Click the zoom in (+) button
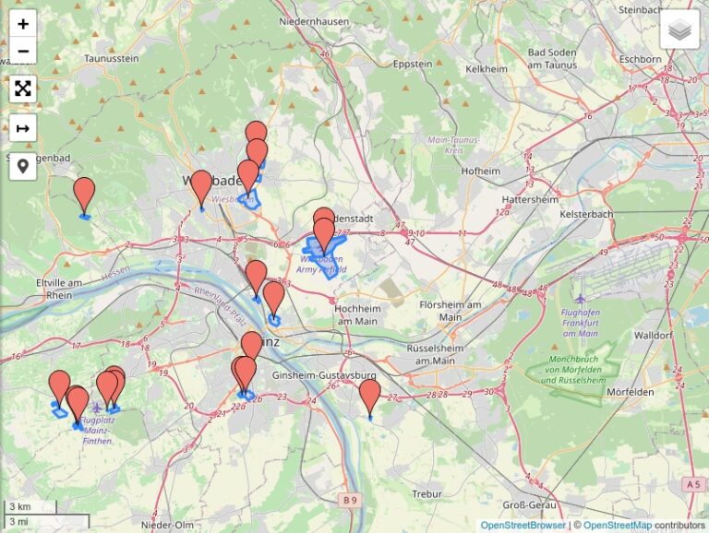coord(23,23)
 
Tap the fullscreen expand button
coord(23,89)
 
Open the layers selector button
coord(679,30)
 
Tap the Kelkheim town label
coord(487,68)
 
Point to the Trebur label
coord(427,494)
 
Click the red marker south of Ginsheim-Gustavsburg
coord(369,397)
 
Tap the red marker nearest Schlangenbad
coord(84,195)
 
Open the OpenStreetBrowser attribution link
coord(523,526)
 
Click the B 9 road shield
coord(347,500)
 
